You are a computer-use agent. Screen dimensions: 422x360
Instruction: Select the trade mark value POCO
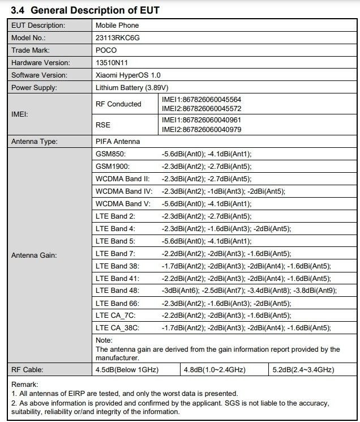tap(106, 50)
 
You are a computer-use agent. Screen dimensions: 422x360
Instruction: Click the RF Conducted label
tap(118, 104)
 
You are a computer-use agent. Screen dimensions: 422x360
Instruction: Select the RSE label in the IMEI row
tap(104, 125)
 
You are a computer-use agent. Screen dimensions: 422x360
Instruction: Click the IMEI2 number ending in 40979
tap(201, 129)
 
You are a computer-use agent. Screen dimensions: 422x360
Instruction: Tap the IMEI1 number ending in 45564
tap(201, 100)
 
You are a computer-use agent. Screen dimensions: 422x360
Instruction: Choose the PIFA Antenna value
tap(117, 141)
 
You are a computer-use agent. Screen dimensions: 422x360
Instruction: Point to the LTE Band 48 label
tap(117, 291)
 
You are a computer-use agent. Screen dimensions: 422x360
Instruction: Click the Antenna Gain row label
tap(34, 255)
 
